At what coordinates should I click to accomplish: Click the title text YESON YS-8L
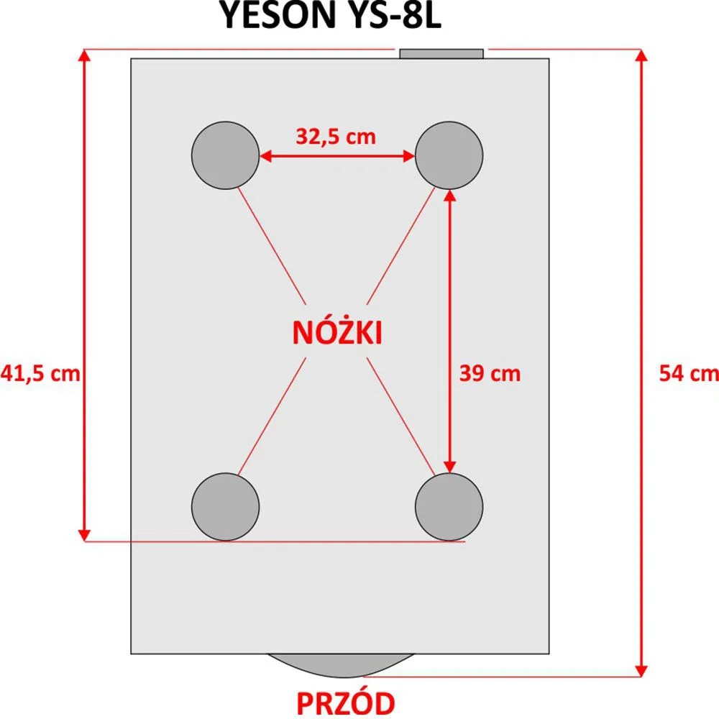click(331, 14)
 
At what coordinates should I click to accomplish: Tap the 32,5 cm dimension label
click(336, 137)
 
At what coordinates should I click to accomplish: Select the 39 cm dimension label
click(490, 373)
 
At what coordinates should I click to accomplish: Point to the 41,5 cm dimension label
click(40, 373)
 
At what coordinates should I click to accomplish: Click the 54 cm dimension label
click(689, 373)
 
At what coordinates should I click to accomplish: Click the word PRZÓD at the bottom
click(346, 703)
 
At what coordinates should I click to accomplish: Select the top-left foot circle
click(226, 155)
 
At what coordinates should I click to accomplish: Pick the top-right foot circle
click(449, 155)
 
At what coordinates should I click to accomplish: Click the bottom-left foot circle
click(226, 507)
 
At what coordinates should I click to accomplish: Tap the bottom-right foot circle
click(449, 507)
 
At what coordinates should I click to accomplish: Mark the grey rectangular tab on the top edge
click(441, 54)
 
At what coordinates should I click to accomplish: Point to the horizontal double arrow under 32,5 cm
click(337, 156)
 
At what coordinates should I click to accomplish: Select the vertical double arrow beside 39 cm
click(450, 331)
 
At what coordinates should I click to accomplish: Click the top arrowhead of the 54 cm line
click(642, 55)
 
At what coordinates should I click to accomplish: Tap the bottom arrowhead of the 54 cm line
click(642, 670)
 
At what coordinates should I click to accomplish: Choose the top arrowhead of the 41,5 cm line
click(84, 55)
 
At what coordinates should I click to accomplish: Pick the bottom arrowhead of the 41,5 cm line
click(84, 535)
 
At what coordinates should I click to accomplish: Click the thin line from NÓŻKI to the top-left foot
click(272, 246)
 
